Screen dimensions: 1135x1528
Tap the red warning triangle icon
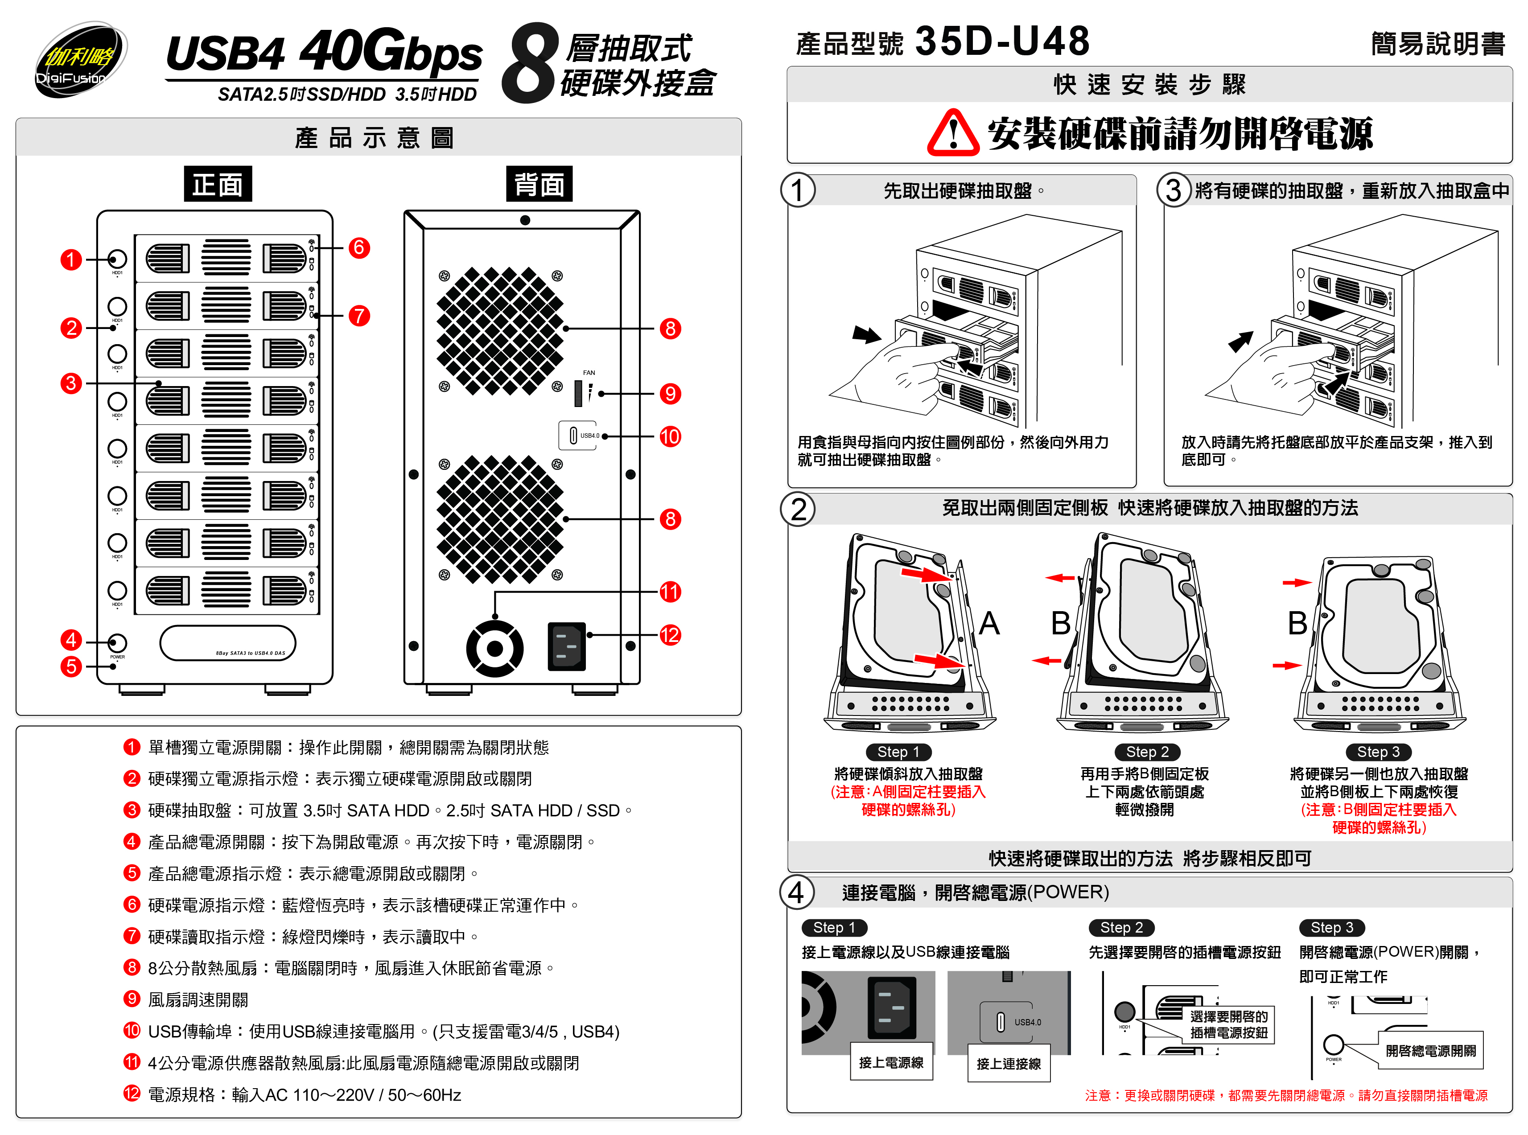pyautogui.click(x=952, y=133)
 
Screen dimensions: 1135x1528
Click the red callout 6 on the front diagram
pyautogui.click(x=358, y=247)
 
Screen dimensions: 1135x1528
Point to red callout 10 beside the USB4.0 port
pyautogui.click(x=670, y=436)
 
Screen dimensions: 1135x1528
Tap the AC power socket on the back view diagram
pyautogui.click(x=566, y=646)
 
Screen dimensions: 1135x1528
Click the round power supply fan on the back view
pyautogui.click(x=494, y=648)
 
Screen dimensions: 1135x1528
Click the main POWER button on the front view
pyautogui.click(x=117, y=642)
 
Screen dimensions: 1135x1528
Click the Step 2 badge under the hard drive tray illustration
pyautogui.click(x=1147, y=752)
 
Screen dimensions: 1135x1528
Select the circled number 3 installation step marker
pyautogui.click(x=1174, y=190)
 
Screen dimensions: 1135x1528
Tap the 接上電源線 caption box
pyautogui.click(x=891, y=1062)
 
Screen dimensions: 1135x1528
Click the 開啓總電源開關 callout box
pyautogui.click(x=1430, y=1050)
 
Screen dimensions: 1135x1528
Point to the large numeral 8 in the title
pyautogui.click(x=527, y=64)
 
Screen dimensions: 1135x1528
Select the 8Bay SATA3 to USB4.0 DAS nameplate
pyautogui.click(x=228, y=644)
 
